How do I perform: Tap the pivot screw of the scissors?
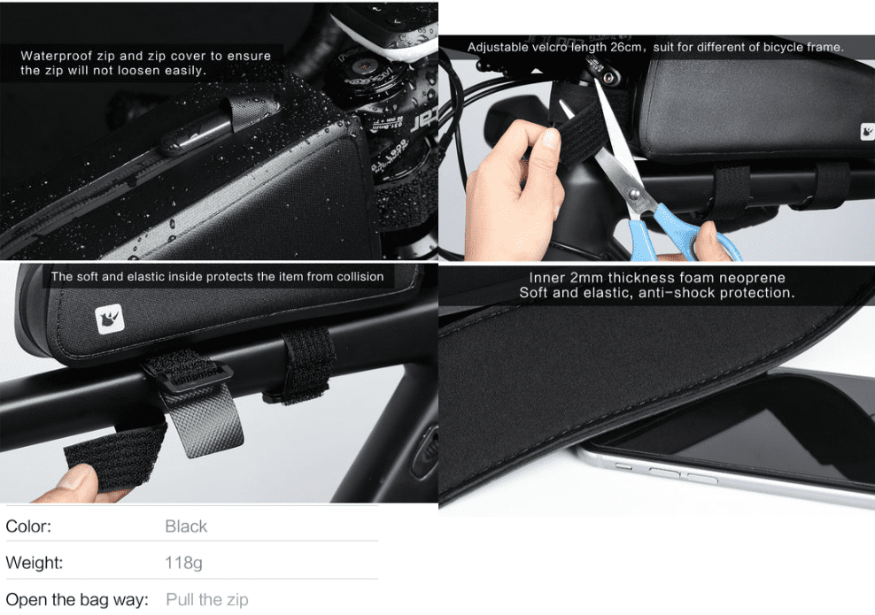point(634,195)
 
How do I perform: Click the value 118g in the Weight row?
point(183,563)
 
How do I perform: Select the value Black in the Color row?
point(186,526)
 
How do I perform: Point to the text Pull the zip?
point(207,599)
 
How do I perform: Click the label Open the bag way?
point(77,599)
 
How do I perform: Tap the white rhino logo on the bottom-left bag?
point(110,319)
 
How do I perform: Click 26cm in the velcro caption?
point(625,48)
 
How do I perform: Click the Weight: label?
point(34,563)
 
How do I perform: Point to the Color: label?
point(28,526)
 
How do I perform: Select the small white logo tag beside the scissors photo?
point(867,132)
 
